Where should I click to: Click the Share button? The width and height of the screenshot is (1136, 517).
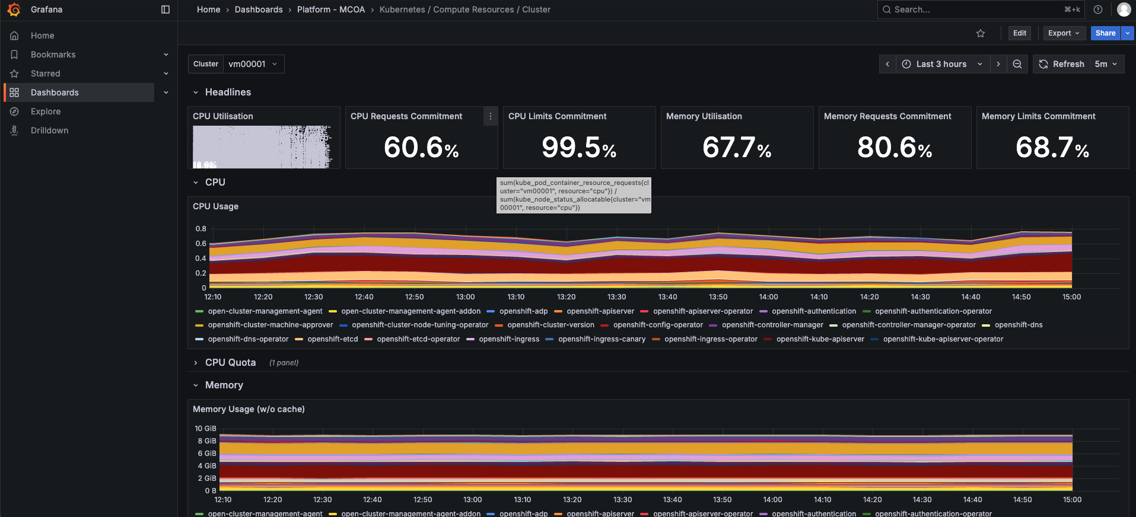point(1105,33)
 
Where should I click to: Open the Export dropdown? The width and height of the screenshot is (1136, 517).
point(1064,33)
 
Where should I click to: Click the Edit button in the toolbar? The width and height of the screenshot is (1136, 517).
point(1019,33)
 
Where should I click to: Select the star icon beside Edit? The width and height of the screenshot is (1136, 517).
point(981,33)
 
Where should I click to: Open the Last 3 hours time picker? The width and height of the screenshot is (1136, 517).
point(941,64)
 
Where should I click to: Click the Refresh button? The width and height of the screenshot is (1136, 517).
point(1062,64)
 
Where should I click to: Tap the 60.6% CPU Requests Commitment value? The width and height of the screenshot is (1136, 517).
point(421,148)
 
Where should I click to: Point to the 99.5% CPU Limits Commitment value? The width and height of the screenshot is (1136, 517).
point(579,148)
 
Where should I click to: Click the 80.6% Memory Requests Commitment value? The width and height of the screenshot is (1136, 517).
point(895,148)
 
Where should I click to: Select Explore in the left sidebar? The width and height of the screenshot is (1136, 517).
point(46,111)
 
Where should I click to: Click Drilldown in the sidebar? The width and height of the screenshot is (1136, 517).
point(49,130)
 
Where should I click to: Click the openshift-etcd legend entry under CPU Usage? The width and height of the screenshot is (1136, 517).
point(332,339)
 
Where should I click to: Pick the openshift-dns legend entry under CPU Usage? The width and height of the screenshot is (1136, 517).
point(1018,325)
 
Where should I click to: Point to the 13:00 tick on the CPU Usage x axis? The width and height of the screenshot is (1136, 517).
point(465,297)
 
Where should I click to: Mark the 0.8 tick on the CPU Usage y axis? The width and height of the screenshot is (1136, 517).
point(201,229)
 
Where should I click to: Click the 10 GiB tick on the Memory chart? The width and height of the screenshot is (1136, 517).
point(205,429)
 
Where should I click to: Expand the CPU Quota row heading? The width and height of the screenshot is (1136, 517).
point(230,362)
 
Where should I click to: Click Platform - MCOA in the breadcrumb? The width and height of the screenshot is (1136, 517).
point(330,9)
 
